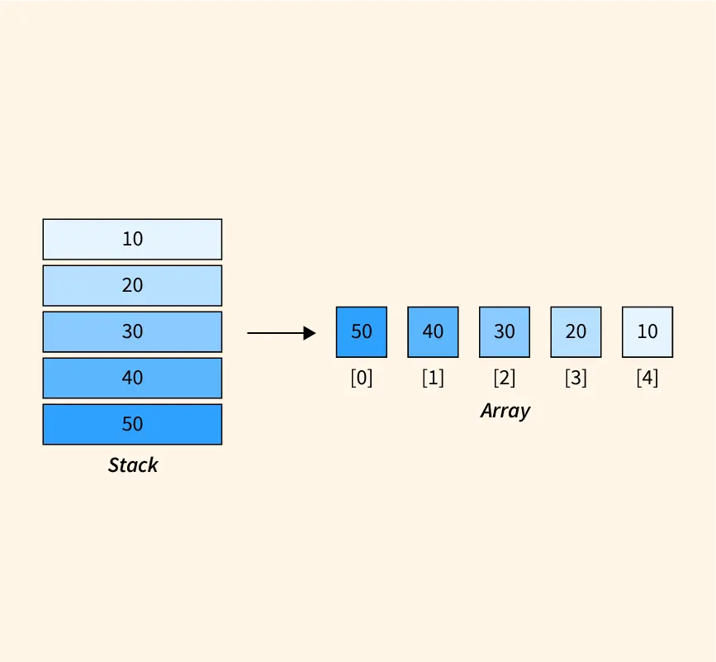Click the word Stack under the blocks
133,465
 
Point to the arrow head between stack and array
310,333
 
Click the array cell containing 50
362,332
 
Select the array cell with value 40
433,332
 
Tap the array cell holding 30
505,332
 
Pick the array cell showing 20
576,332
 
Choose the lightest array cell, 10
647,332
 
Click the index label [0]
362,379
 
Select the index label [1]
433,379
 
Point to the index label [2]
505,379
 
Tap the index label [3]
576,379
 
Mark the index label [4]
647,379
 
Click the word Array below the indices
505,411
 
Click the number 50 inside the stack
132,424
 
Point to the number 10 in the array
647,331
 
